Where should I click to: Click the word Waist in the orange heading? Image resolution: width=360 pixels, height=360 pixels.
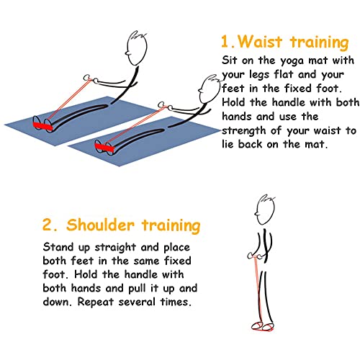(x=260, y=42)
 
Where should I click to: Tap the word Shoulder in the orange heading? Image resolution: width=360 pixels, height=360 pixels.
(x=100, y=225)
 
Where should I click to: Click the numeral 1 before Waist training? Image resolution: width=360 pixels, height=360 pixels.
(x=225, y=42)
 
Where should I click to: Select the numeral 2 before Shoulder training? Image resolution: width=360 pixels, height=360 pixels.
(x=47, y=225)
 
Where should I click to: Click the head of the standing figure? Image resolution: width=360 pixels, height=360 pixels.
(x=265, y=210)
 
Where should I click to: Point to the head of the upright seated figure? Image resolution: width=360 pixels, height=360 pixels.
(x=136, y=48)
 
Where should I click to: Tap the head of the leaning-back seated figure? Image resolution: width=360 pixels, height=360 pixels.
(x=210, y=89)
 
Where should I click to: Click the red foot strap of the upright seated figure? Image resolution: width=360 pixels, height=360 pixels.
(x=42, y=125)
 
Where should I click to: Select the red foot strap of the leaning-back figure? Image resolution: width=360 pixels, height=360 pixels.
(x=104, y=147)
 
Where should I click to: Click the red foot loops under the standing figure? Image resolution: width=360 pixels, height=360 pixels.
(x=262, y=326)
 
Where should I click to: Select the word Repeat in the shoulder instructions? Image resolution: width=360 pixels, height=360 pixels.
(x=95, y=302)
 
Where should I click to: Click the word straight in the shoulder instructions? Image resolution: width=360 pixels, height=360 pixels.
(x=115, y=248)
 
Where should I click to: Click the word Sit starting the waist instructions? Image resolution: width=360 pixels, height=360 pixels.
(x=230, y=60)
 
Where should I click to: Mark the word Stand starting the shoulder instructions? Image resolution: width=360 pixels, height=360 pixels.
(x=58, y=247)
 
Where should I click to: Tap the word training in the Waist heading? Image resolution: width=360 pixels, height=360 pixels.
(x=319, y=43)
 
